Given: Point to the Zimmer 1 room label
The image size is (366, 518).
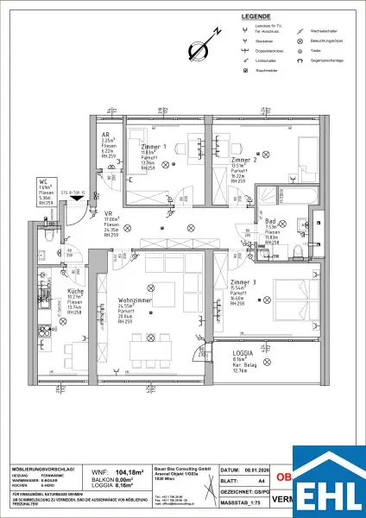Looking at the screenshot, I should (154, 148).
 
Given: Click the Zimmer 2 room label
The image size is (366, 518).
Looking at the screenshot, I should (244, 160).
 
